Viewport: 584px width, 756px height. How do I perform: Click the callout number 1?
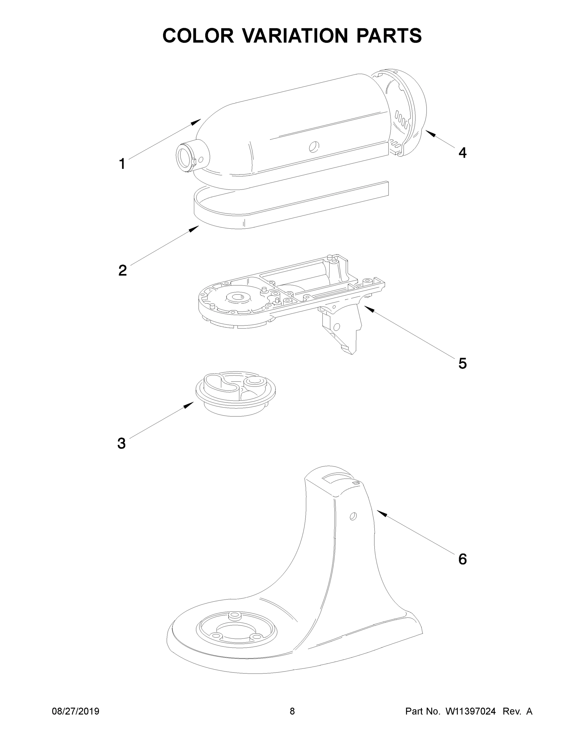122,164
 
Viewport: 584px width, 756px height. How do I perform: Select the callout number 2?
122,270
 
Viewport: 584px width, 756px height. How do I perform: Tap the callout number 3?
122,444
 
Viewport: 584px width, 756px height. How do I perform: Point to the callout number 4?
462,152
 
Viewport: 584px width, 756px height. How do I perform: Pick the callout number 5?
462,363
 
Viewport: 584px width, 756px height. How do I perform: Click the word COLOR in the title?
198,36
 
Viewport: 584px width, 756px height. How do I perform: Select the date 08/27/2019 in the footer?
76,711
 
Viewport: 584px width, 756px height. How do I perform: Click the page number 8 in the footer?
292,711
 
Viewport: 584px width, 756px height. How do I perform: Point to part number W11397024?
471,711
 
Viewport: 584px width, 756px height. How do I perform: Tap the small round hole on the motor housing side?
314,147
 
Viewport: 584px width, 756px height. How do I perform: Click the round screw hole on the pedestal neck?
353,517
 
